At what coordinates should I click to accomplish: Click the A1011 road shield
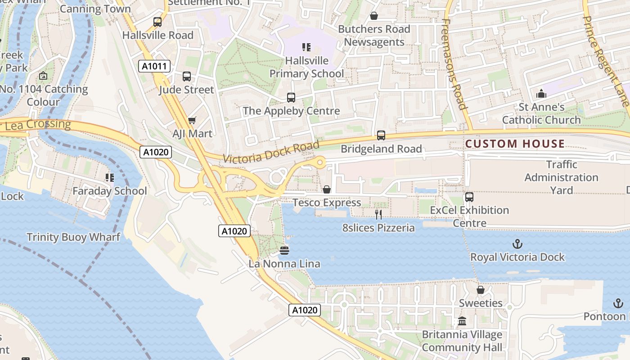point(154,67)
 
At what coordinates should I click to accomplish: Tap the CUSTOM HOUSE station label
point(515,144)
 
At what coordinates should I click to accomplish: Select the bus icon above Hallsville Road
point(157,22)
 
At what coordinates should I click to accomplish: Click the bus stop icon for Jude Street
point(187,76)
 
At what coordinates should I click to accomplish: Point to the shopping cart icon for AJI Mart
point(192,121)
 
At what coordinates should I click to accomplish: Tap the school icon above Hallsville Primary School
point(306,47)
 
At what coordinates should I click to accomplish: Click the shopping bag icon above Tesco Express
point(327,189)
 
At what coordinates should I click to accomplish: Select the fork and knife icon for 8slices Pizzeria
point(378,215)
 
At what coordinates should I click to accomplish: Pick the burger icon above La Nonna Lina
point(284,250)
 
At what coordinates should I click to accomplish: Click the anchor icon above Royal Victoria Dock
point(517,244)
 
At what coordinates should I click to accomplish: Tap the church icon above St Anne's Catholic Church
point(541,94)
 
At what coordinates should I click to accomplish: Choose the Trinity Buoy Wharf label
point(73,237)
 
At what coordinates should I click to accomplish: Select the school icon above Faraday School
point(110,178)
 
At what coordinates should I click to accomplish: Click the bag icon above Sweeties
point(481,290)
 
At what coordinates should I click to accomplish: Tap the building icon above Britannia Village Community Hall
point(462,321)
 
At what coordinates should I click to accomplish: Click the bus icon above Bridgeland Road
point(381,135)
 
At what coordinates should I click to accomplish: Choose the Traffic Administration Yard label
point(561,177)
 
